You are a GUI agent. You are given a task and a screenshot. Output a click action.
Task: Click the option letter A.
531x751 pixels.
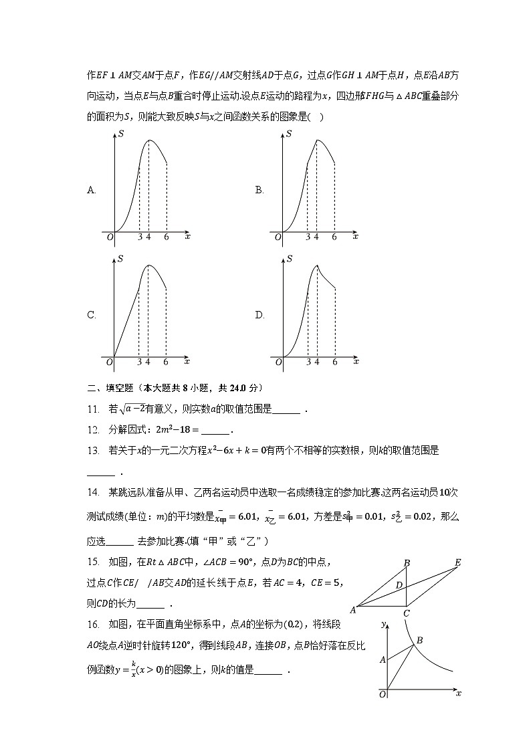pyautogui.click(x=92, y=190)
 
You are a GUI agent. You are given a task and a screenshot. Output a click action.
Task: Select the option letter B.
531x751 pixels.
pyautogui.click(x=259, y=190)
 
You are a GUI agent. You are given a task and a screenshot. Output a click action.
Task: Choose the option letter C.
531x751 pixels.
pyautogui.click(x=92, y=316)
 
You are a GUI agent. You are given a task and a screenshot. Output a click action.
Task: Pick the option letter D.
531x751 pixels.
pyautogui.click(x=259, y=316)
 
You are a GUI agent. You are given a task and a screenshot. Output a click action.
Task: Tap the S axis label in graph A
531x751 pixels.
pyautogui.click(x=120, y=134)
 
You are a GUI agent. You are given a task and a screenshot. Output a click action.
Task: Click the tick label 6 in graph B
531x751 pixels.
pyautogui.click(x=334, y=237)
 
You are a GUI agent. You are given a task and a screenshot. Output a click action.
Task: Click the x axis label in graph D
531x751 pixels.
pyautogui.click(x=356, y=361)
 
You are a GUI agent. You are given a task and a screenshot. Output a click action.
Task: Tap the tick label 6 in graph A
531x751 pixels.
pyautogui.click(x=166, y=237)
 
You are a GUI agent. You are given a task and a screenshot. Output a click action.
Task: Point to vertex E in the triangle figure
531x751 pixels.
pyautogui.click(x=458, y=562)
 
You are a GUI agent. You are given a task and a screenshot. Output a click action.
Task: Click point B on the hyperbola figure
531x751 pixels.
pyautogui.click(x=420, y=641)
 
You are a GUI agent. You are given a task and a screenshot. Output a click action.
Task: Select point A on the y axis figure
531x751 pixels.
pyautogui.click(x=383, y=659)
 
